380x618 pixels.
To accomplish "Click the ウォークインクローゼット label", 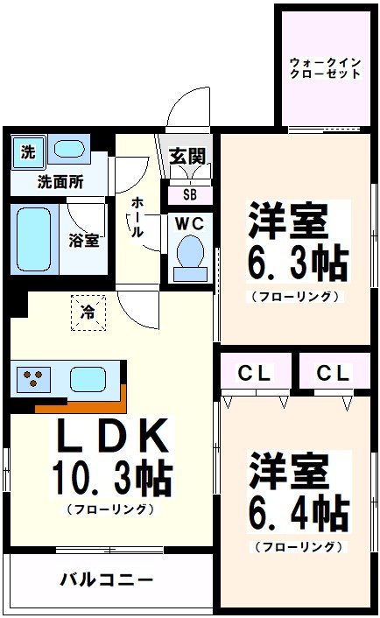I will click(x=325, y=67).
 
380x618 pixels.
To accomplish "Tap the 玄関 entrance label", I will click(x=186, y=158).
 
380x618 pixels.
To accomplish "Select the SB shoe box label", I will click(x=189, y=194).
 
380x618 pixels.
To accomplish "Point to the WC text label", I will click(x=189, y=223).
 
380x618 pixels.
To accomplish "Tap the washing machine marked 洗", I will click(x=29, y=151).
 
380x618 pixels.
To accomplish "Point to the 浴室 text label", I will click(x=84, y=240).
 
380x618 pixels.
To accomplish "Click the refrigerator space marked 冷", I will click(x=88, y=311).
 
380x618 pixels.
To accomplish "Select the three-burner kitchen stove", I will click(x=34, y=380).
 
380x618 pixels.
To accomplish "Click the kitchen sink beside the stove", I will click(x=88, y=379).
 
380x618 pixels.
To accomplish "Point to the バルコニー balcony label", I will click(x=107, y=579).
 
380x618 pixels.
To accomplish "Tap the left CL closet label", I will click(x=256, y=373).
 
